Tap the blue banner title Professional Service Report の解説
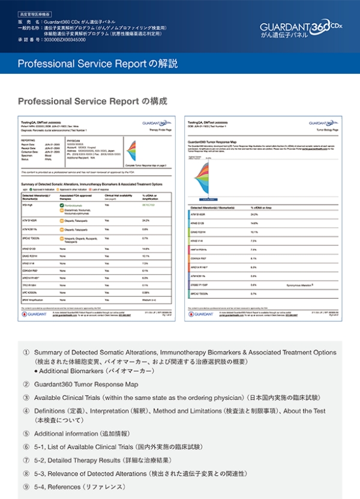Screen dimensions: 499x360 [97, 64]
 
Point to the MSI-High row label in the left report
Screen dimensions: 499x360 [28, 205]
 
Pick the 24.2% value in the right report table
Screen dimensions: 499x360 [254, 214]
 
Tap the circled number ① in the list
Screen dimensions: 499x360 [26, 353]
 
